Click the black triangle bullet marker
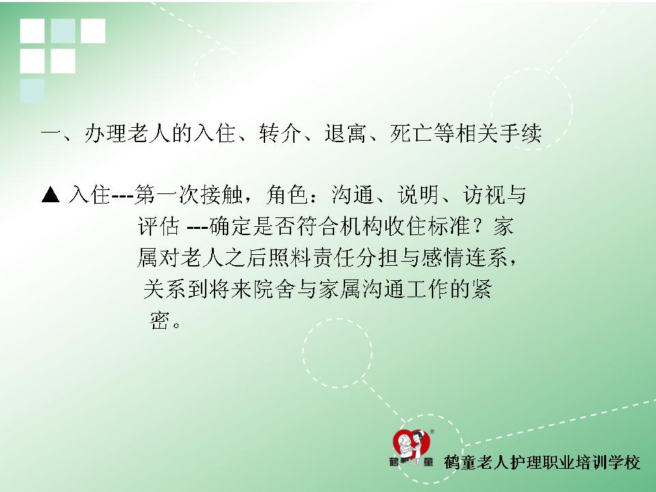(x=51, y=195)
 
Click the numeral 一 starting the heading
(x=51, y=134)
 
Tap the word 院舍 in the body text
(x=274, y=289)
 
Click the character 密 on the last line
(x=159, y=320)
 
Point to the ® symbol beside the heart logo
(x=432, y=431)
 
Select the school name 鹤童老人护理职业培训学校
(x=542, y=463)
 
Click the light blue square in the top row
(x=63, y=31)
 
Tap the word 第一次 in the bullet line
(x=167, y=195)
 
